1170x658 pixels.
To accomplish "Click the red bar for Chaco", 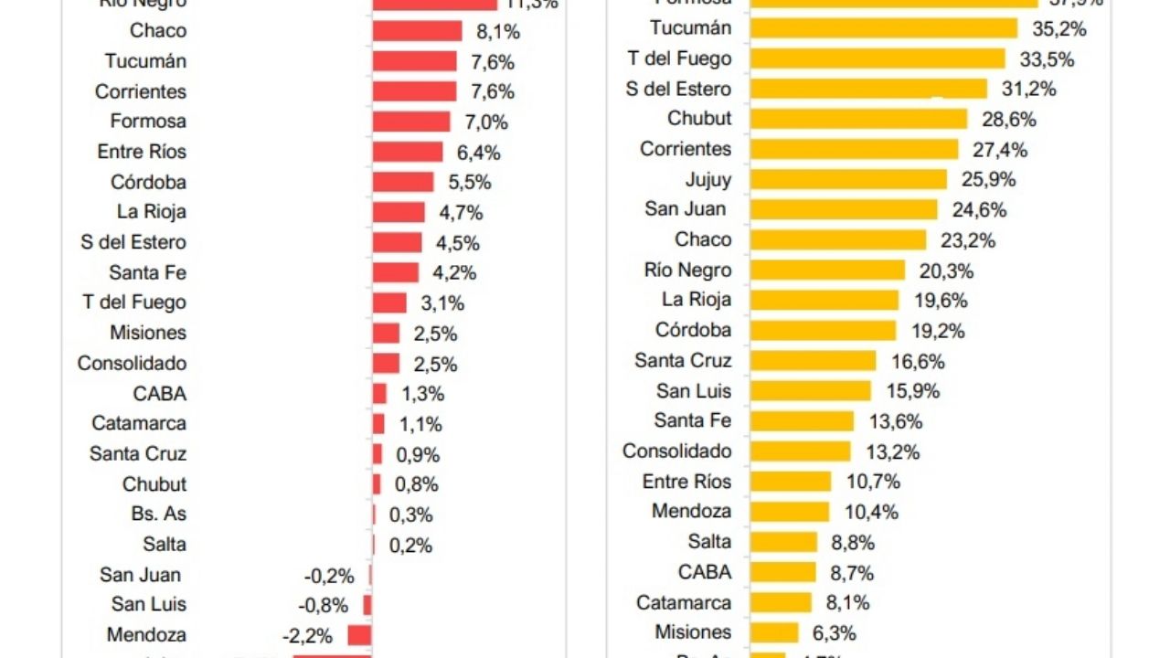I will pyautogui.click(x=417, y=31).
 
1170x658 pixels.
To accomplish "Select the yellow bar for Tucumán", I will pyautogui.click(x=883, y=28).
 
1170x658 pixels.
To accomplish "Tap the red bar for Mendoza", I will pyautogui.click(x=360, y=635).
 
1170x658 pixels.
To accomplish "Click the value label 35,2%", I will pyautogui.click(x=1059, y=29).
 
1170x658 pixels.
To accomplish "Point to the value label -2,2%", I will pyautogui.click(x=308, y=635).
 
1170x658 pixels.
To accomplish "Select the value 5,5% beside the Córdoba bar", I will pyautogui.click(x=468, y=182).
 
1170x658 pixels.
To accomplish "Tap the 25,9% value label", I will pyautogui.click(x=988, y=179).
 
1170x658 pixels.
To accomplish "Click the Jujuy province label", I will pyautogui.click(x=708, y=179).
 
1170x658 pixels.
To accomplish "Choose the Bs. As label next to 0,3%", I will pyautogui.click(x=159, y=514).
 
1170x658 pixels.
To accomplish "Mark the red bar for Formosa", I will pyautogui.click(x=411, y=122).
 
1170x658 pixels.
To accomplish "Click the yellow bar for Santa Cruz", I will pyautogui.click(x=813, y=361).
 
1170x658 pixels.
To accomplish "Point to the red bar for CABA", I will pyautogui.click(x=379, y=394).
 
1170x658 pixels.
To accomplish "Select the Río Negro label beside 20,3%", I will pyautogui.click(x=688, y=271).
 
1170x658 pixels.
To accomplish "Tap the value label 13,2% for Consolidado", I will pyautogui.click(x=892, y=451).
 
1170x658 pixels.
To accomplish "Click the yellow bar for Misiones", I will pyautogui.click(x=774, y=632).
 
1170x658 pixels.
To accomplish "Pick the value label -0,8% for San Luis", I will pyautogui.click(x=324, y=605).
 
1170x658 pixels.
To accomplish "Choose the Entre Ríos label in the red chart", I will pyautogui.click(x=142, y=152).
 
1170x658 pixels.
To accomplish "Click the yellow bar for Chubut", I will pyautogui.click(x=858, y=119).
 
